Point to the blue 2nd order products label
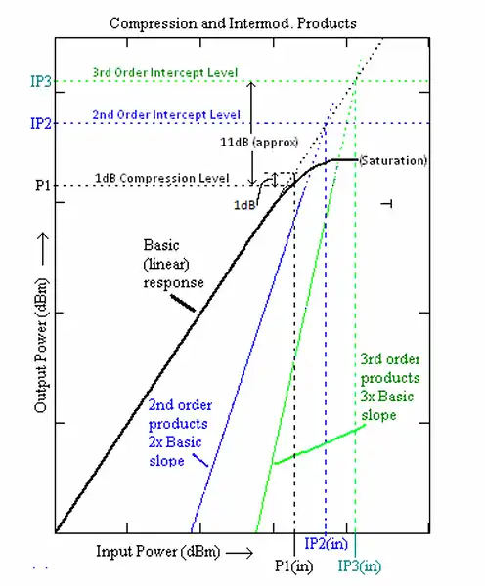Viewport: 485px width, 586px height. tap(180, 430)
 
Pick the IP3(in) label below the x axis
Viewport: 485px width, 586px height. tap(361, 565)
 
